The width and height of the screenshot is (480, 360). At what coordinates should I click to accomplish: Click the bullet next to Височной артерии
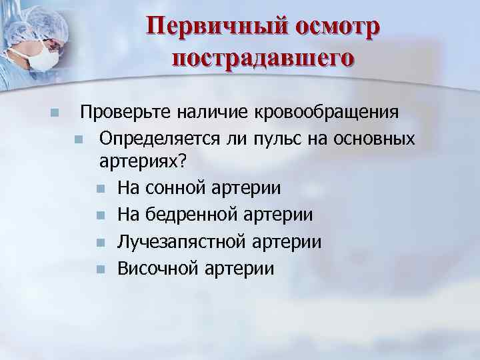click(x=100, y=269)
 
